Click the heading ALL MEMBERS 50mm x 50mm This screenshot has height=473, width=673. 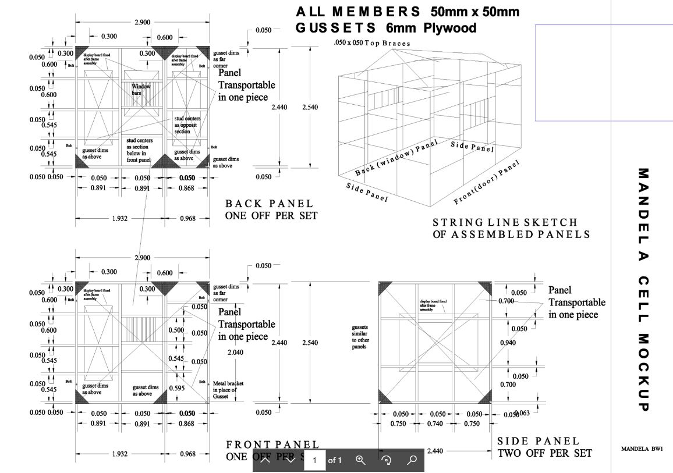pyautogui.click(x=408, y=12)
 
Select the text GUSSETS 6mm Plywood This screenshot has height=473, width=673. pyautogui.click(x=385, y=28)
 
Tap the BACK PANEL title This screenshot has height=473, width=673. pyautogui.click(x=270, y=204)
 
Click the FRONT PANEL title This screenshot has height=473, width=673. pyautogui.click(x=272, y=445)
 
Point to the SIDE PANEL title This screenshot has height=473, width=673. pyautogui.click(x=539, y=442)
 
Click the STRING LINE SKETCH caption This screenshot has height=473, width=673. pyautogui.click(x=505, y=222)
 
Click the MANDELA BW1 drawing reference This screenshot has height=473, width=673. pyautogui.click(x=642, y=449)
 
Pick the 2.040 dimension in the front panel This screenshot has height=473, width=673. pyautogui.click(x=235, y=353)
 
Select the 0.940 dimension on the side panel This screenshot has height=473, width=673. pyautogui.click(x=508, y=343)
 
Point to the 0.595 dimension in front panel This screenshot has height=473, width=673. pyautogui.click(x=176, y=388)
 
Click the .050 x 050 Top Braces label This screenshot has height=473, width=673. pyautogui.click(x=372, y=44)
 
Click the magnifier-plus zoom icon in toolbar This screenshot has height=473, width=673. pyautogui.click(x=360, y=460)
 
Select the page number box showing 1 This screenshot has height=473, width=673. pyautogui.click(x=314, y=460)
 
